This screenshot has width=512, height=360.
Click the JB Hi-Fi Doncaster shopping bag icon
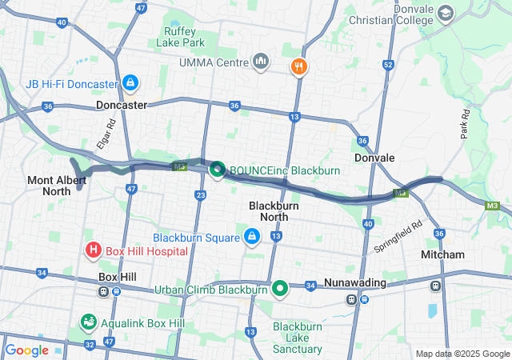tap(130, 82)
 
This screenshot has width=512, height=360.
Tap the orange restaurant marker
tap(300, 66)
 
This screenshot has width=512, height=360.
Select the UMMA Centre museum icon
tap(260, 62)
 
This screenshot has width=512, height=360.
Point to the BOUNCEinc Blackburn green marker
tap(217, 170)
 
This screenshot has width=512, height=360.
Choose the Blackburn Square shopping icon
tap(252, 237)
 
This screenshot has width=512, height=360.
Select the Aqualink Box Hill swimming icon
tap(88, 322)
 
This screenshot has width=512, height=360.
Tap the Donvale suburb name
tap(374, 158)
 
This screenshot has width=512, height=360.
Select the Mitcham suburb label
tap(442, 254)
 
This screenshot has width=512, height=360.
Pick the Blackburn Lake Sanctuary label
tap(298, 338)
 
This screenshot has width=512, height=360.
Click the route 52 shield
tap(388, 64)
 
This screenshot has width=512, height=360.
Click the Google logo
tap(26, 350)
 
